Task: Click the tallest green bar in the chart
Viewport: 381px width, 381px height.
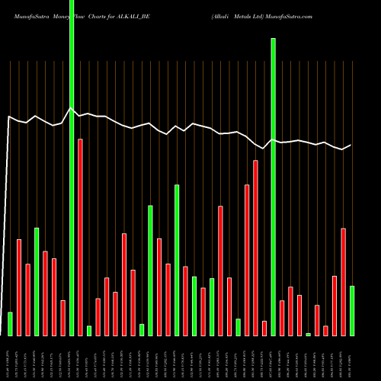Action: coord(72,168)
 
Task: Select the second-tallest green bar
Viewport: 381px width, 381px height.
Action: coord(274,187)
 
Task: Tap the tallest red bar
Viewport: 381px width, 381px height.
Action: coord(80,237)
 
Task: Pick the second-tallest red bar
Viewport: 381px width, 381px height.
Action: coord(256,248)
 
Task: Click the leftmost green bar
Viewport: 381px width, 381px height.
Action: coord(10,324)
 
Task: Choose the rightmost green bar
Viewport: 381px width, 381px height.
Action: coord(352,310)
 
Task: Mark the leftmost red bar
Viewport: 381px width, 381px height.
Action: coord(19,287)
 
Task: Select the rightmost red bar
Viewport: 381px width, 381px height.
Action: coord(344,281)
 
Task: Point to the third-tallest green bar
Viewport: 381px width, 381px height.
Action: coord(177,260)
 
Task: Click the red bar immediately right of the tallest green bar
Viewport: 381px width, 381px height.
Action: coord(80,237)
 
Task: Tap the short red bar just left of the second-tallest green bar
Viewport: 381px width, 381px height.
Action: coord(264,328)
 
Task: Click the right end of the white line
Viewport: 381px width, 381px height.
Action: coord(351,145)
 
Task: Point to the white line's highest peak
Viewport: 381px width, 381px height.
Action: coord(71,108)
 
